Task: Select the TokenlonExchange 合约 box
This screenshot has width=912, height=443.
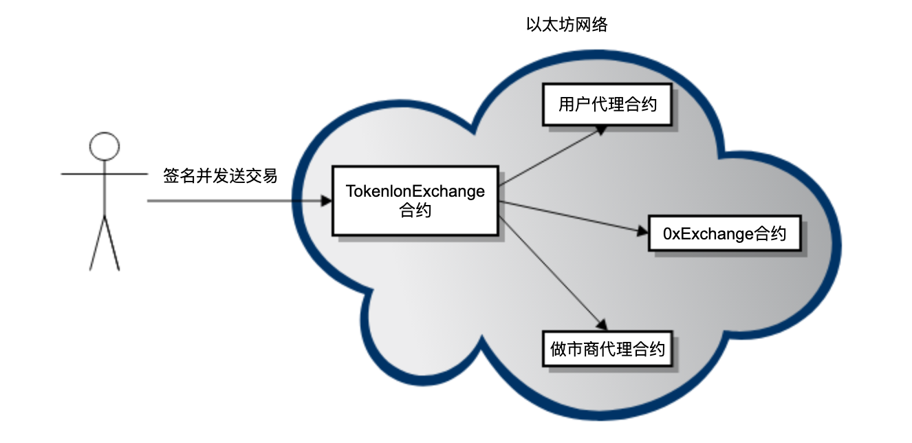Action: [415, 200]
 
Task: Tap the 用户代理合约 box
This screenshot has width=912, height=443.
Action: [607, 105]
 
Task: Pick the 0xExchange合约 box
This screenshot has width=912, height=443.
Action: [724, 233]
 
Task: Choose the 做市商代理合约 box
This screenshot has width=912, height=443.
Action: [607, 349]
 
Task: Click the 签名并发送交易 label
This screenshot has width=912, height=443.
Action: [220, 175]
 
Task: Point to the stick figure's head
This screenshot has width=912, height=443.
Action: [105, 146]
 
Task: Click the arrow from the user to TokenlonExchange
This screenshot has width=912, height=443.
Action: [234, 202]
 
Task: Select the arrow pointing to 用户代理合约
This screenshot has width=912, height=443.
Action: [550, 156]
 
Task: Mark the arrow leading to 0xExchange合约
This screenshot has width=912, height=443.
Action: [571, 217]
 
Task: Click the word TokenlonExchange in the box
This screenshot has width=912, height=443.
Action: [415, 191]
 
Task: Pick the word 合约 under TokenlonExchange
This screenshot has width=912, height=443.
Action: [415, 210]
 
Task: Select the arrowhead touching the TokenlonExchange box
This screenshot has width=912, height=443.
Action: [326, 202]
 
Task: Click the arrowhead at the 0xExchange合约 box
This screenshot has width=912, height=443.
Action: [642, 232]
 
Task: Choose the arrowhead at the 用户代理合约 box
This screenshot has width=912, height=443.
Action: [601, 129]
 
